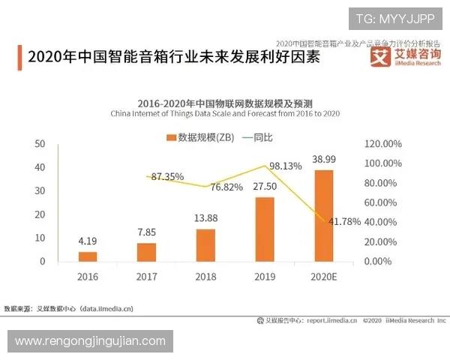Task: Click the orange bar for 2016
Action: [x=88, y=256]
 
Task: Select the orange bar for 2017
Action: [x=146, y=252]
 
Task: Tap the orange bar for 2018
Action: [x=205, y=245]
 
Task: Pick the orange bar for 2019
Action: [x=265, y=229]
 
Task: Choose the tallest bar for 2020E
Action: [x=323, y=215]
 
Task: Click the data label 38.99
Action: [x=324, y=160]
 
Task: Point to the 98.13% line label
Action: [x=285, y=166]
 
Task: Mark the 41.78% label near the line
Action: [x=344, y=222]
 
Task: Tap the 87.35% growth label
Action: [x=167, y=177]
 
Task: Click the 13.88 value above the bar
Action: [x=205, y=218]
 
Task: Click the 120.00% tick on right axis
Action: [x=383, y=144]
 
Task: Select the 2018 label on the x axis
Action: [x=205, y=277]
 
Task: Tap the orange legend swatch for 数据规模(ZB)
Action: [x=171, y=137]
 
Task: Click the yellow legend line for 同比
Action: [x=243, y=137]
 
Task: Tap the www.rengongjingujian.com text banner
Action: [x=90, y=341]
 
